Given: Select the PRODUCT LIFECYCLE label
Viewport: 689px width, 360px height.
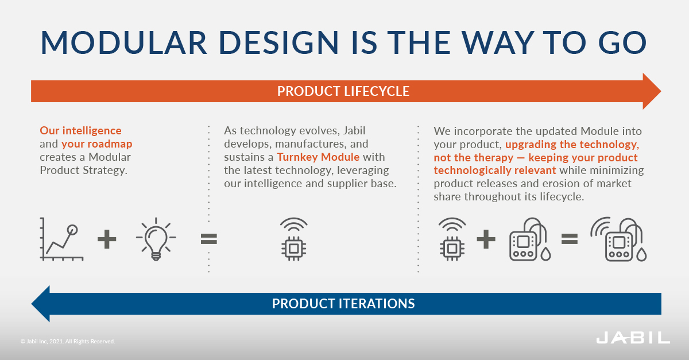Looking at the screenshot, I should tap(343, 91).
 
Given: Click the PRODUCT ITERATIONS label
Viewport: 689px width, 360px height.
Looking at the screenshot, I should tap(343, 303).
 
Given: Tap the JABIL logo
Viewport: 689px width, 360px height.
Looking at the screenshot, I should tap(633, 338).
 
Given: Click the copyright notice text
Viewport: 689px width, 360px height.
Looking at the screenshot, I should tap(68, 342).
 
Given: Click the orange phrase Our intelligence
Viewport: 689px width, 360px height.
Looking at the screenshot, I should tap(80, 130).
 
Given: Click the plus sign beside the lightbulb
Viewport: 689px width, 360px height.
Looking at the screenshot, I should tap(107, 239).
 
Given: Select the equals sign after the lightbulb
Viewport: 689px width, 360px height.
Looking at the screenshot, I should tap(209, 239).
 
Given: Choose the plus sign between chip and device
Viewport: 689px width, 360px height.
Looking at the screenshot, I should tap(486, 239).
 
